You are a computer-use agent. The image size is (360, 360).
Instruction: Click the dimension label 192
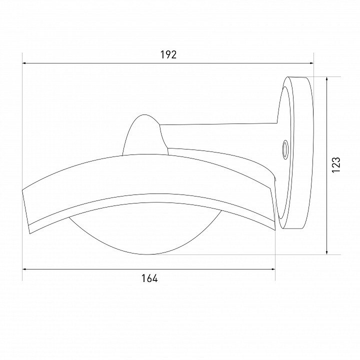tap(168, 55)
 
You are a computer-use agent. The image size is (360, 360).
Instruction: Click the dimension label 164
tap(149, 278)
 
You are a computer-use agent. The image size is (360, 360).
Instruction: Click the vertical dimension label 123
tap(335, 165)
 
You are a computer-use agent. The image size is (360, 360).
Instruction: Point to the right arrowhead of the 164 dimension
tap(273, 269)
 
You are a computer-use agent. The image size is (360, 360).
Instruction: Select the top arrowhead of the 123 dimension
tap(326, 79)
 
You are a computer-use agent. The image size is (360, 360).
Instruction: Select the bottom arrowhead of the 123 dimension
tap(326, 252)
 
